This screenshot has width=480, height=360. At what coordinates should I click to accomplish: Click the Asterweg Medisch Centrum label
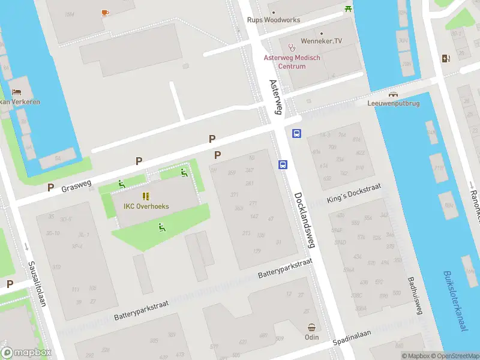[x=293, y=62]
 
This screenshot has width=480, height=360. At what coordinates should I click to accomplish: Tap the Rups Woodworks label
[x=274, y=20]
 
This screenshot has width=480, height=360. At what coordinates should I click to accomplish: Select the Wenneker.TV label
[x=322, y=41]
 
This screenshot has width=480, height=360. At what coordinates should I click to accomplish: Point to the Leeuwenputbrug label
[x=393, y=103]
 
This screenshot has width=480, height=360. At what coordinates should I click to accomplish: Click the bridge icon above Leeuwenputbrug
[x=394, y=94]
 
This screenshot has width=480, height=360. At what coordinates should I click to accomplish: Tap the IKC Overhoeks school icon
[x=146, y=196]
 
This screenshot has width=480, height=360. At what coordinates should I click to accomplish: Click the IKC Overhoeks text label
[x=146, y=206]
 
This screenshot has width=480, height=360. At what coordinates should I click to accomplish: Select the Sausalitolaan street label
[x=37, y=284]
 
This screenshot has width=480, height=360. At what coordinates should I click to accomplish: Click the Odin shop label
[x=312, y=337]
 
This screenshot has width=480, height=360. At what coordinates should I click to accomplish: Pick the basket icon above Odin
[x=312, y=328]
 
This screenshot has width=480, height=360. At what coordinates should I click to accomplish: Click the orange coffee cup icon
[x=105, y=12]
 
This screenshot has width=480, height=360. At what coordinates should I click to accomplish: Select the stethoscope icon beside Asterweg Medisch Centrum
[x=292, y=47]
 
